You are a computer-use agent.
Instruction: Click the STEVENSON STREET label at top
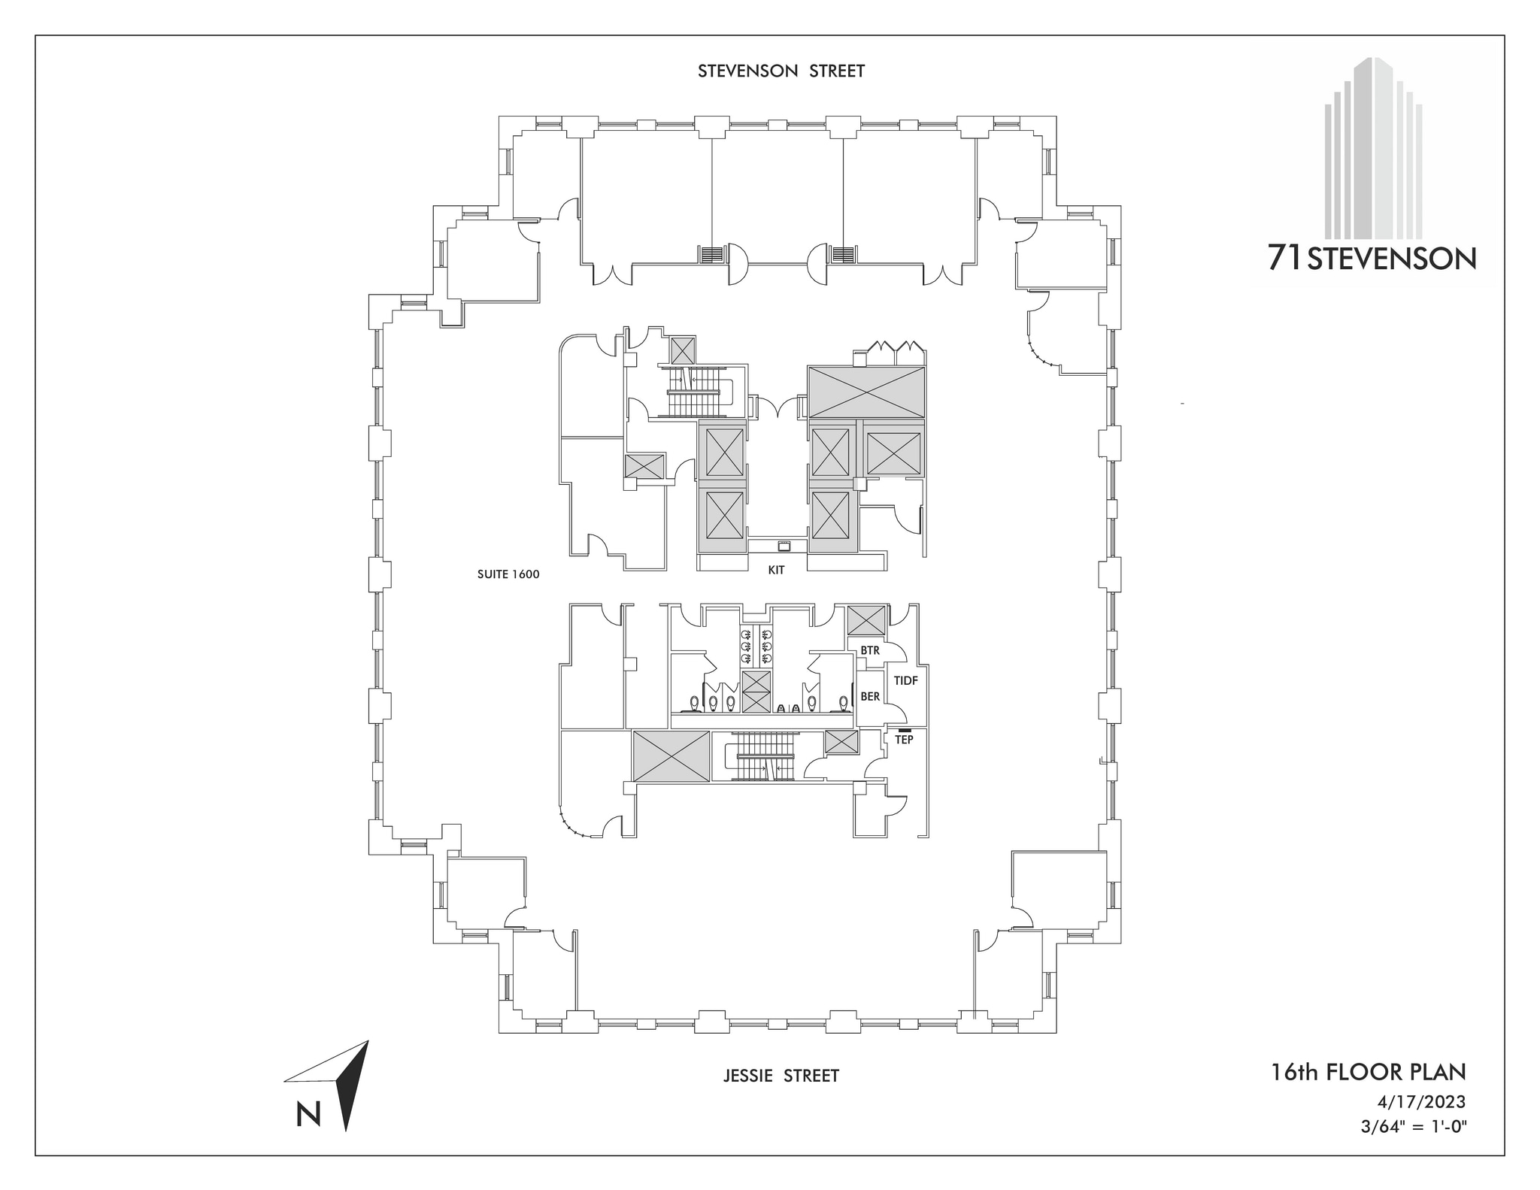pos(781,71)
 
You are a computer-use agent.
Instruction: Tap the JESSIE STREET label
pos(781,1076)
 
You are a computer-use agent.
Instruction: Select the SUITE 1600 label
pos(508,574)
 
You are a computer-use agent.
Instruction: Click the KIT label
pos(776,570)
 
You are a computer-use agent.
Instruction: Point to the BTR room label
pos(869,650)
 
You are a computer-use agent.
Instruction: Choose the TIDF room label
pos(905,680)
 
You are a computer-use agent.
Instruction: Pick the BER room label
pos(869,697)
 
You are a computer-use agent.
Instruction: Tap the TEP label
pos(904,740)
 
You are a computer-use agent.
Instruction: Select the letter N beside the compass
pos(308,1114)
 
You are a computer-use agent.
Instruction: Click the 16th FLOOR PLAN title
pos(1368,1071)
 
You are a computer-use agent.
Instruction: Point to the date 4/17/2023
pos(1420,1102)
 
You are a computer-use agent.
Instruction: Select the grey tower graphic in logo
pos(1373,150)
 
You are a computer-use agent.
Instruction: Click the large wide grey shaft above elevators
pos(865,392)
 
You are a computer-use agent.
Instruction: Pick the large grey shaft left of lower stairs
pos(671,755)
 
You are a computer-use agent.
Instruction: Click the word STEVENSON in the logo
pos(1392,260)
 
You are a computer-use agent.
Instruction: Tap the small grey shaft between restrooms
pos(756,692)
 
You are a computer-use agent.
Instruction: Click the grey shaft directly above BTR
pos(866,620)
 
